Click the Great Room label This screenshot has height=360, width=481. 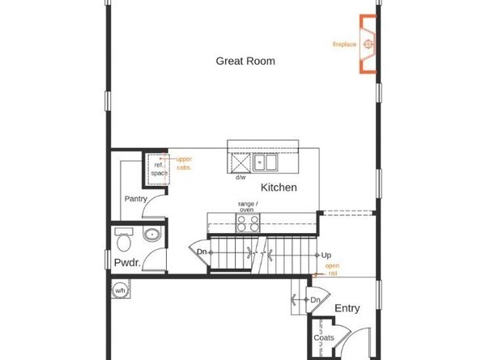coord(245,61)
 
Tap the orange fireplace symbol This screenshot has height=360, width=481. coord(368,44)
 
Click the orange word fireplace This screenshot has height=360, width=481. coord(345,44)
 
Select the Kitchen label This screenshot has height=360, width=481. coord(279,188)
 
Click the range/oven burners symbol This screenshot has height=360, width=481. coord(247,223)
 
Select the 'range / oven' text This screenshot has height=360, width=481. coord(247,206)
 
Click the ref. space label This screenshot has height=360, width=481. coord(160,169)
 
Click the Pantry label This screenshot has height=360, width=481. coord(135,199)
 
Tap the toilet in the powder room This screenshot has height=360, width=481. coord(123,240)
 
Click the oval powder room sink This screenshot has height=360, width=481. coord(151,235)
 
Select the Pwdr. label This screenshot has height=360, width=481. coord(128,263)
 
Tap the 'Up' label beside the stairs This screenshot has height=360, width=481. coord(326,255)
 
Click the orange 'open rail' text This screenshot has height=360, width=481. coord(332,269)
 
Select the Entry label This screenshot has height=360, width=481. coord(347,308)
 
